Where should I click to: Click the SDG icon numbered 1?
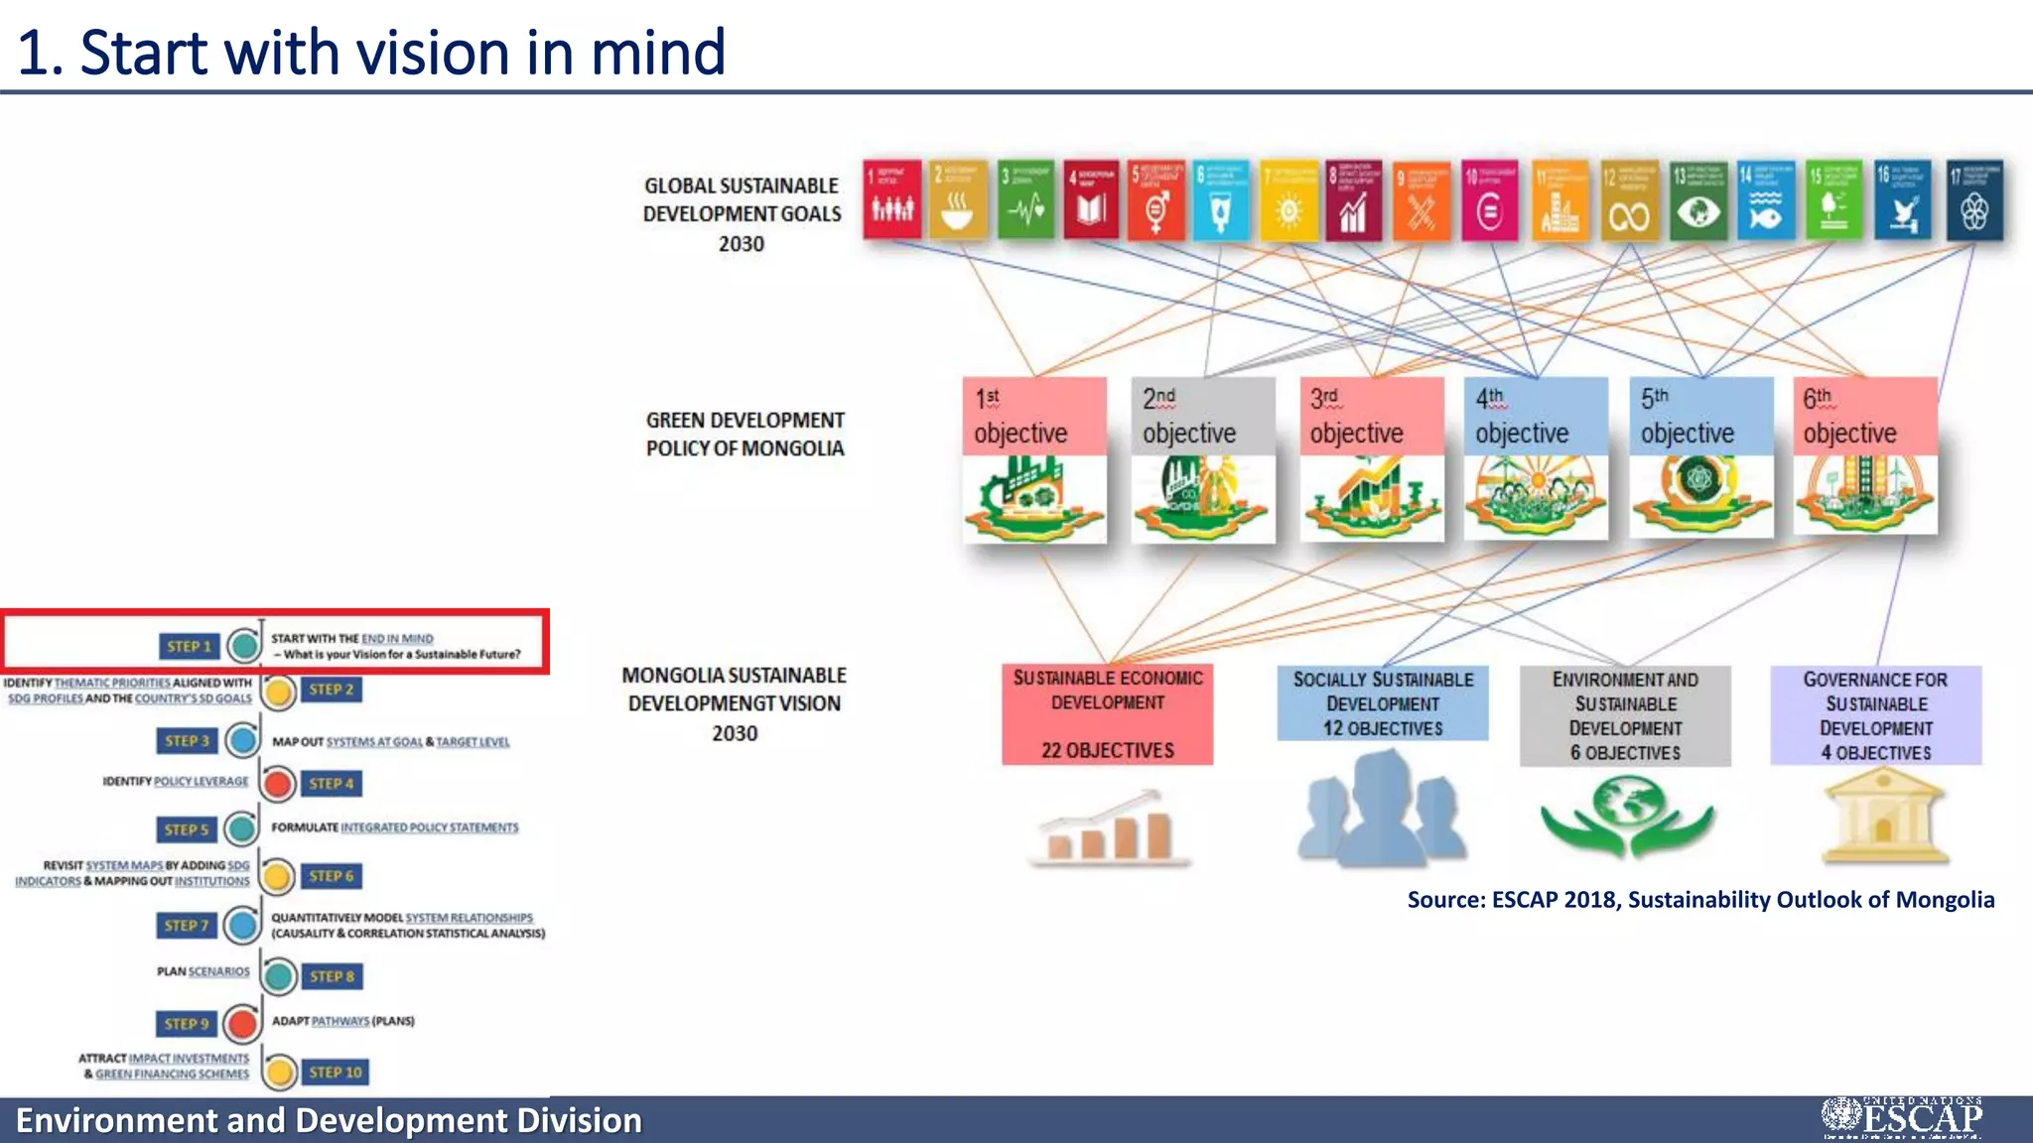pyautogui.click(x=891, y=199)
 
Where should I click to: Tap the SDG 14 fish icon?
pyautogui.click(x=1766, y=200)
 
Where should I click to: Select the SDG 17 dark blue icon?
pyautogui.click(x=1973, y=200)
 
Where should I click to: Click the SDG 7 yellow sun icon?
pyautogui.click(x=1288, y=200)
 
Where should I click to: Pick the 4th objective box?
pyautogui.click(x=1535, y=457)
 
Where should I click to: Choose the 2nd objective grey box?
pyautogui.click(x=1202, y=457)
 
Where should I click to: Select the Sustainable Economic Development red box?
pyautogui.click(x=1107, y=714)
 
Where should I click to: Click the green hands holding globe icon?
pyautogui.click(x=1626, y=817)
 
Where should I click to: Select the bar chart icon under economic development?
pyautogui.click(x=1109, y=827)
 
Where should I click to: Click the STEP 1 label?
pyautogui.click(x=189, y=646)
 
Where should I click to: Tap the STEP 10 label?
pyautogui.click(x=336, y=1072)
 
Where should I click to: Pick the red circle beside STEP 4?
pyautogui.click(x=279, y=784)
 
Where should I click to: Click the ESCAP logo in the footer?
pyautogui.click(x=1902, y=1118)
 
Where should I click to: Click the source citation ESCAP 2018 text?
pyautogui.click(x=1699, y=899)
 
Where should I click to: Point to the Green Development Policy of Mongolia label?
pyautogui.click(x=745, y=435)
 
